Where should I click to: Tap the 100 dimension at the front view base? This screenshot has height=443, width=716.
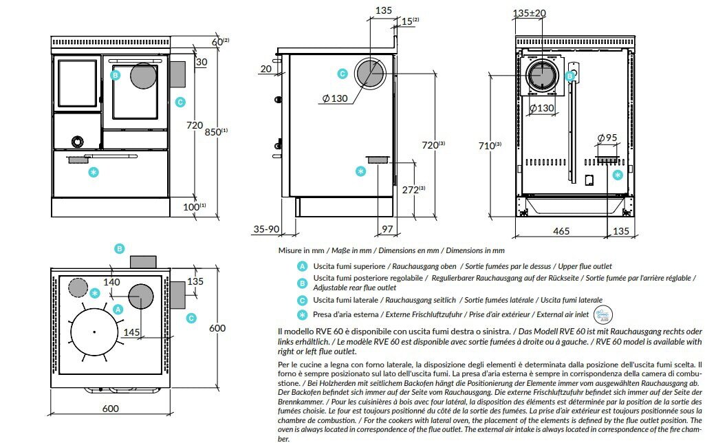(x=194, y=206)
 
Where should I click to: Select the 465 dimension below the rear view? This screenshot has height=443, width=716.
(x=561, y=232)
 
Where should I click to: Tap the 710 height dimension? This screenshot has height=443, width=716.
(x=488, y=145)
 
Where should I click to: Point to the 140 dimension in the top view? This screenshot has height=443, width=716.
(x=112, y=281)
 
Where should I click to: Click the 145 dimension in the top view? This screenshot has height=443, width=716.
(x=132, y=332)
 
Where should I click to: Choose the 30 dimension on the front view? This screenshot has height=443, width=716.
(x=201, y=61)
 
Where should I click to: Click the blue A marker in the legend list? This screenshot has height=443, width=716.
(x=301, y=266)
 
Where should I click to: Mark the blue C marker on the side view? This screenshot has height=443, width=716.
(x=343, y=74)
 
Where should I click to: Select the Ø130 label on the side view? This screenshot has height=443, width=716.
(x=335, y=98)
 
